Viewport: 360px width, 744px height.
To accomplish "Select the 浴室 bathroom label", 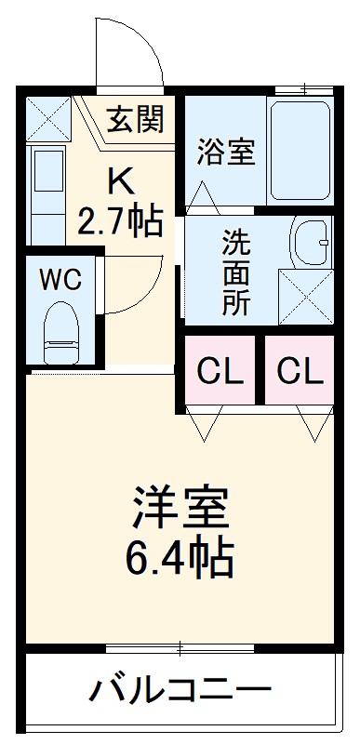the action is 225,152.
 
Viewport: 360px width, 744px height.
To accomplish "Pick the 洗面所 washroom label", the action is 235,273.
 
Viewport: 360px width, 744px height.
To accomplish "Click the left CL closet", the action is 220,371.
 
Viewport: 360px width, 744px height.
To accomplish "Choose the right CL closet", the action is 300,371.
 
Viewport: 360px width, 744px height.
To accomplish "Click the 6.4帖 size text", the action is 180,557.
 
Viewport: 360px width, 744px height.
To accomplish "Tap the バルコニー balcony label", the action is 180,691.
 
